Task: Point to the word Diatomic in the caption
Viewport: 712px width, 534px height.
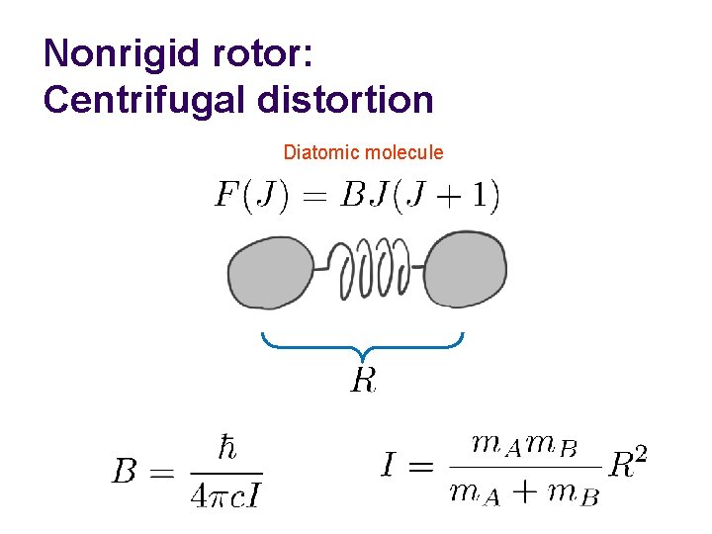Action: (x=321, y=153)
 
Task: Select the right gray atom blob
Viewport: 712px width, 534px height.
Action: (x=464, y=268)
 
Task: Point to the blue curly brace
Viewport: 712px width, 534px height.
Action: (x=363, y=346)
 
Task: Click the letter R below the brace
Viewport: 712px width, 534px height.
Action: (x=363, y=380)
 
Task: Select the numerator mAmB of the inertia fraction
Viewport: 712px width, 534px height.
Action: (x=524, y=445)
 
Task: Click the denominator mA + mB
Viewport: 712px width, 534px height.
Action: (x=524, y=491)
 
